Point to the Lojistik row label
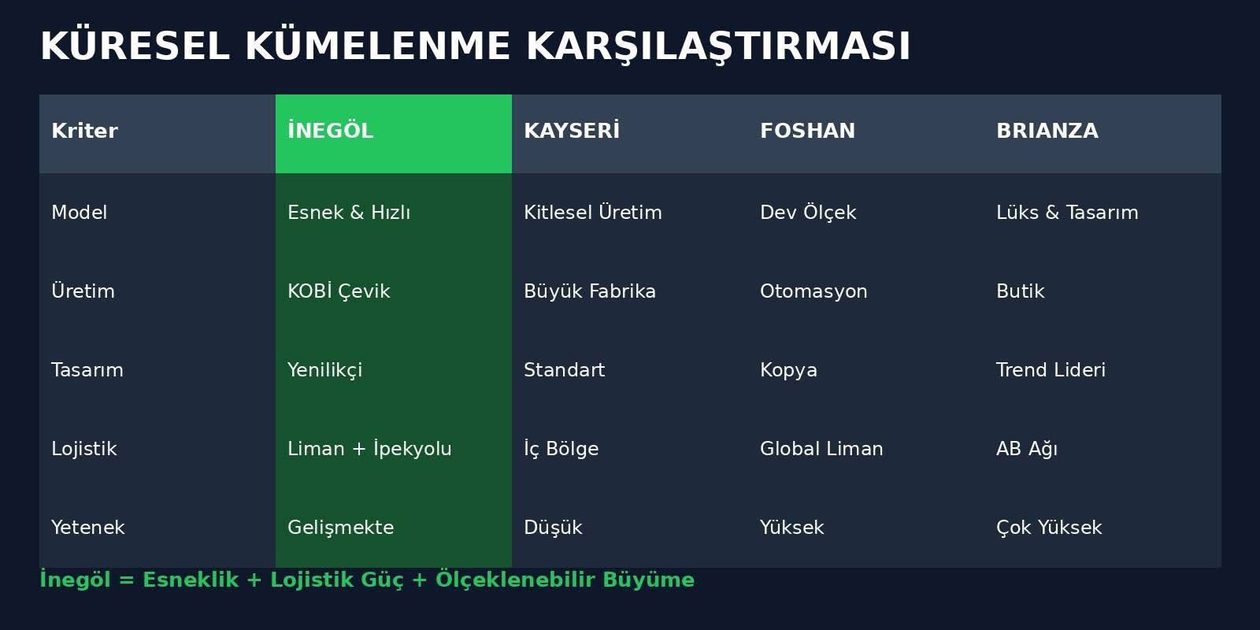coord(83,449)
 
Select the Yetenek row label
coord(87,527)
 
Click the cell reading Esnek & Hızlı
coord(349,212)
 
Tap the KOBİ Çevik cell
coord(339,291)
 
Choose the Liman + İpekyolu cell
coord(369,448)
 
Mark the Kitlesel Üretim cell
coord(593,212)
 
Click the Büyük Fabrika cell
coord(590,291)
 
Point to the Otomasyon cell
coord(813,291)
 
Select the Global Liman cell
coord(821,448)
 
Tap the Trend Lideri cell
coord(1051,369)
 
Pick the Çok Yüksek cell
coord(1049,527)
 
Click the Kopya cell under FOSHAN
coord(788,370)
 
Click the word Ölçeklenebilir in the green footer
coord(515,580)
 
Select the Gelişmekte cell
coord(341,528)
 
